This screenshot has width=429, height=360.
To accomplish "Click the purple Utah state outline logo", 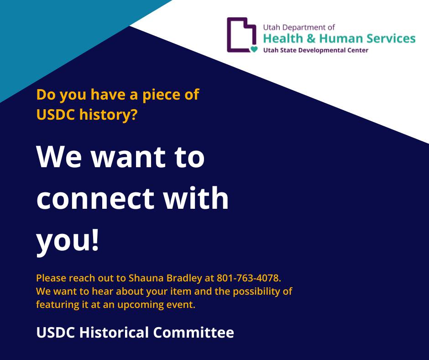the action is [229, 35].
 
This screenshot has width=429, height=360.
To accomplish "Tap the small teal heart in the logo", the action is [254, 49].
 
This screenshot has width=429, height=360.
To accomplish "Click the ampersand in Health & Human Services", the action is [311, 38].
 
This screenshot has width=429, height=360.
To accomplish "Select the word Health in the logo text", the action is [283, 38].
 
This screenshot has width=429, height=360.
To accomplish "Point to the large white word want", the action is [128, 157].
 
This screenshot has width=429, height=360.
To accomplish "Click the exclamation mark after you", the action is [95, 240].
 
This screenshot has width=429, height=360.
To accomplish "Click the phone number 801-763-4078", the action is [249, 278].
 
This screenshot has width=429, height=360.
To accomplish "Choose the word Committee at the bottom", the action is [194, 332].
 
